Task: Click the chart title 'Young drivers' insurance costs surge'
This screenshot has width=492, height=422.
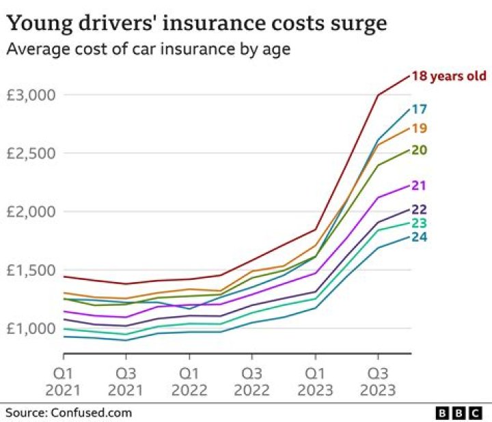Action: click(197, 24)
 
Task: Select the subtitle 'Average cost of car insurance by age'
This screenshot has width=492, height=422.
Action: click(146, 50)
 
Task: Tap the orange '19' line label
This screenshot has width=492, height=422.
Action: click(420, 128)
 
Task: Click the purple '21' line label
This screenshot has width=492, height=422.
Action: click(420, 185)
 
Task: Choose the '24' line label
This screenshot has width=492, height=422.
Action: click(420, 237)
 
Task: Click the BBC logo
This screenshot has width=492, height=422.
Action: click(460, 413)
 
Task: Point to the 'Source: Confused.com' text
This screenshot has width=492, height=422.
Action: click(69, 412)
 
